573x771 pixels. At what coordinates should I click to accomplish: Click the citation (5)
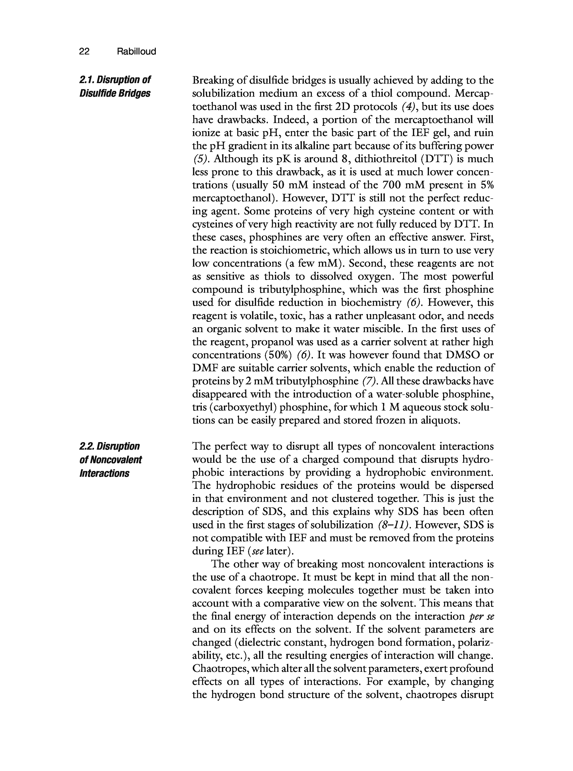pos(201,159)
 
